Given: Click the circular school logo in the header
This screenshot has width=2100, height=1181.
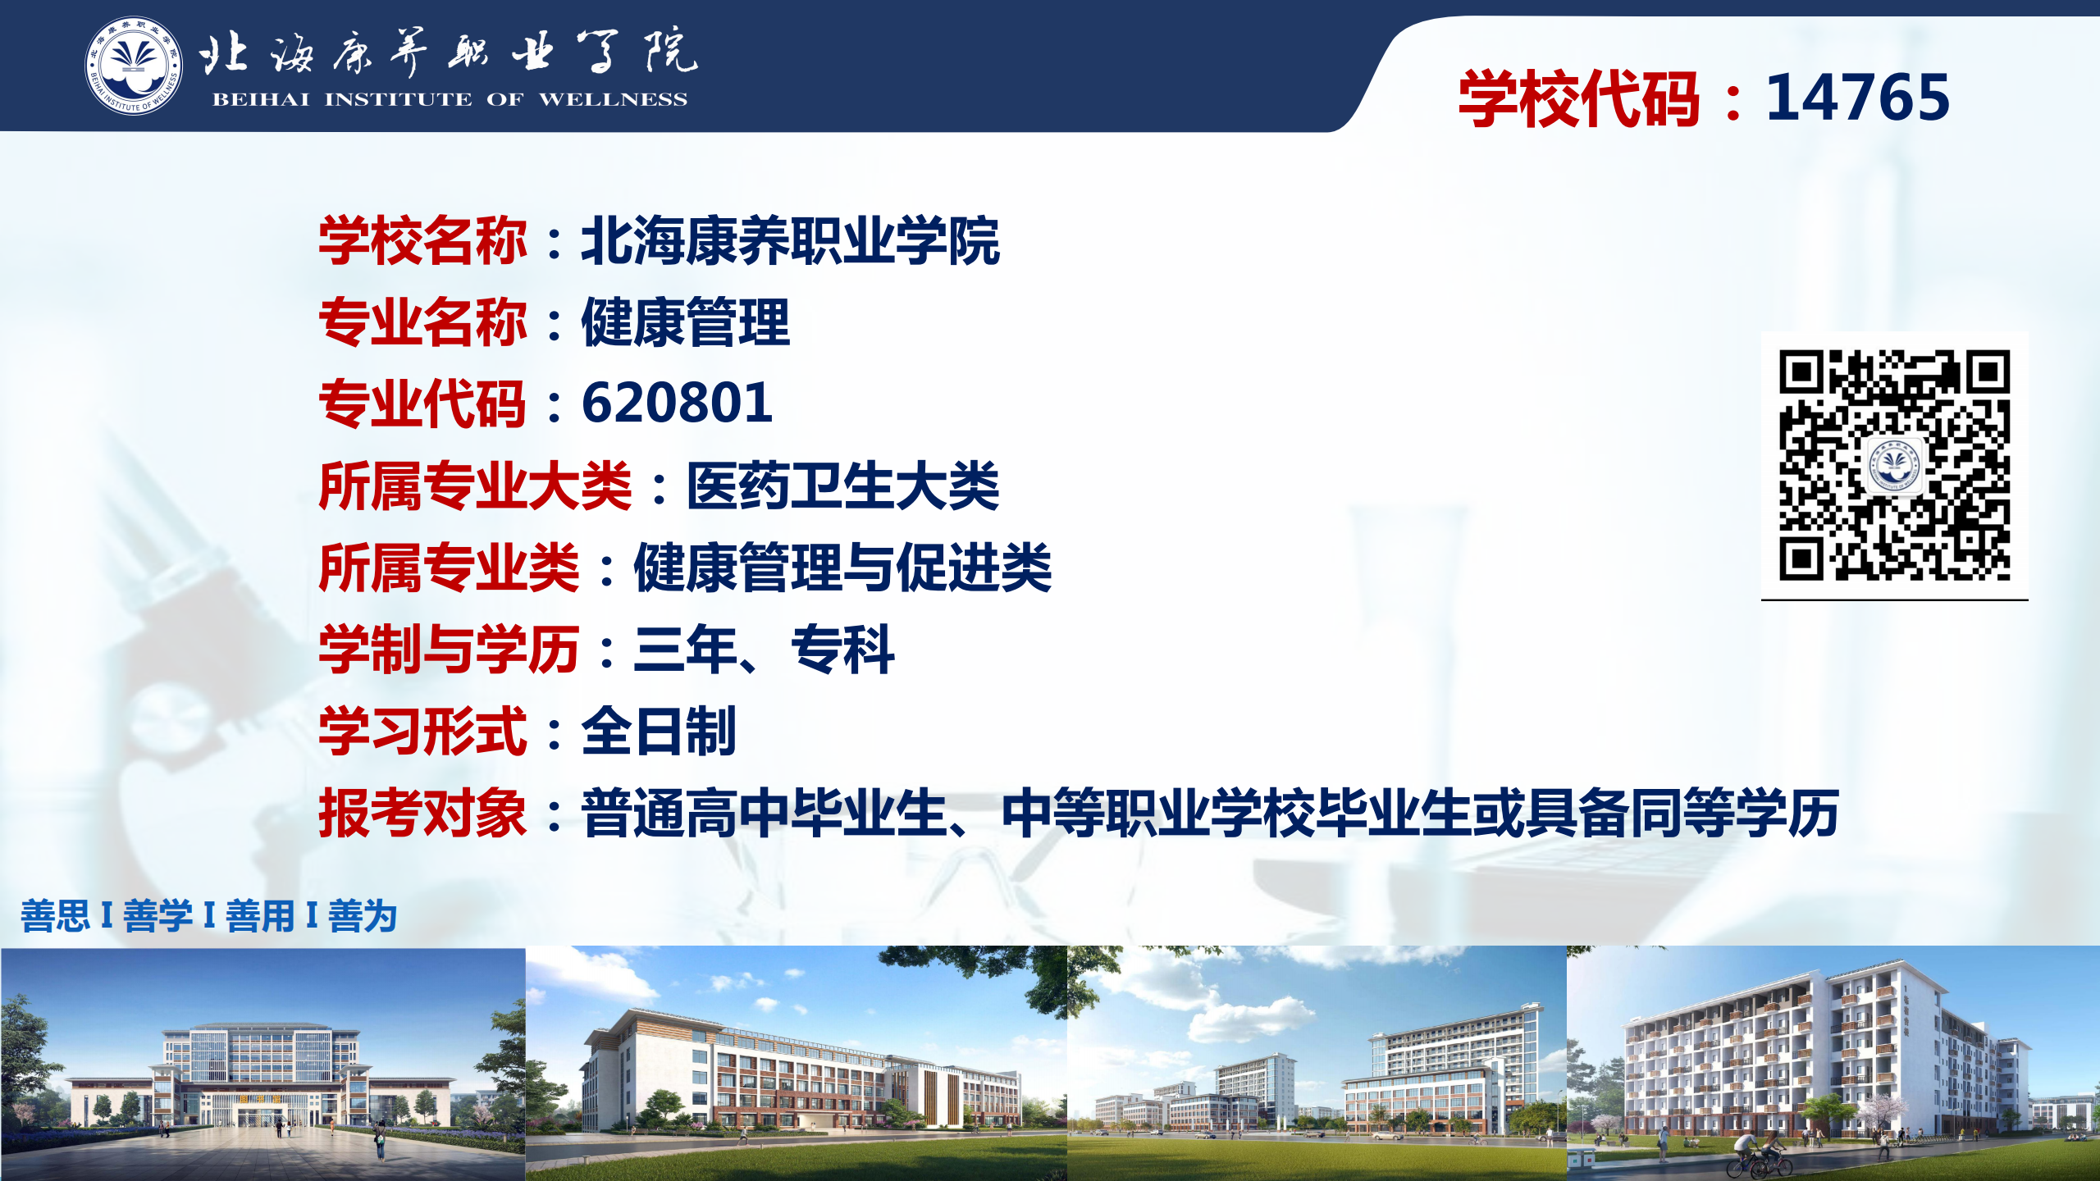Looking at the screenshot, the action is pos(134,66).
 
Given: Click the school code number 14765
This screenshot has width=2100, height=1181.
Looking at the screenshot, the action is pos(1857,98).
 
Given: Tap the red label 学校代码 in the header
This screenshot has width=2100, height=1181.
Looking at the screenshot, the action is pos(1578,98).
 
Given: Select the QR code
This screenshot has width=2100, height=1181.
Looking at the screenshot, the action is pos(1894,465).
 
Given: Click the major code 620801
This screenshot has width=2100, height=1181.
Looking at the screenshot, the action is pos(677,404).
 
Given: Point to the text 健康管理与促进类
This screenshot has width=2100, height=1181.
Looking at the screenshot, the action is pos(842,568).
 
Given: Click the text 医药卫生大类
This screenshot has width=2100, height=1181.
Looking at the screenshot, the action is pos(842,486).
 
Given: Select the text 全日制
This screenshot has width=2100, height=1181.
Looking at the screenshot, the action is pos(659,732).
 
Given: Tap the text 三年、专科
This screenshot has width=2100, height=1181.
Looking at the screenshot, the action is pos(764,650).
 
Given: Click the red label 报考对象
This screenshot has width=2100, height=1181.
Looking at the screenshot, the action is pos(422,814).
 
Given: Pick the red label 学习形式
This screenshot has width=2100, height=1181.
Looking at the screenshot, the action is pos(422,732).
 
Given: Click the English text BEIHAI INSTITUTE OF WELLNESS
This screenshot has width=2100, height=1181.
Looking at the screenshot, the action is pos(450,100).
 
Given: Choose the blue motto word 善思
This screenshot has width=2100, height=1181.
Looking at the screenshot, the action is pos(55,916).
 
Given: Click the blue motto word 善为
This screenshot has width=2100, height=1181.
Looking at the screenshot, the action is pos(363,916).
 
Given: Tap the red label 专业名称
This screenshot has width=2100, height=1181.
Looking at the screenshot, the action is pos(422,321).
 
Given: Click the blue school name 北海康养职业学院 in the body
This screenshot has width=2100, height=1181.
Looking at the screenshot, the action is pos(790,241).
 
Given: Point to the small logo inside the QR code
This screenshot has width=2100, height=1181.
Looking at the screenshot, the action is pos(1894,465).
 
